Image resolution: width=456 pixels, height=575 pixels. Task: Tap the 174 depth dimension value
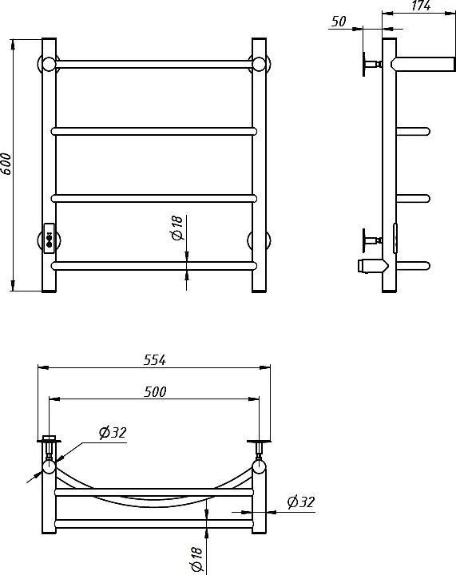click(x=420, y=5)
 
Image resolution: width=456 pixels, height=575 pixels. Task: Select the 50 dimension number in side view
click(x=339, y=22)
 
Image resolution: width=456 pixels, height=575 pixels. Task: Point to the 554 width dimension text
click(x=155, y=360)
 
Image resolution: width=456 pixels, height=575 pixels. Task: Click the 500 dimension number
click(x=155, y=391)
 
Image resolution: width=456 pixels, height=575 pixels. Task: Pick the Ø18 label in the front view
click(x=176, y=228)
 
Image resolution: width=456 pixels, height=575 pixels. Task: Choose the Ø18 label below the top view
click(x=196, y=558)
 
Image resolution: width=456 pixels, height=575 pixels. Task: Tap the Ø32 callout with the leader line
click(x=113, y=433)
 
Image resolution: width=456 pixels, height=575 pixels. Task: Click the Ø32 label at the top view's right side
click(x=301, y=502)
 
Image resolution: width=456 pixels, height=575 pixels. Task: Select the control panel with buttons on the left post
click(x=50, y=238)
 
